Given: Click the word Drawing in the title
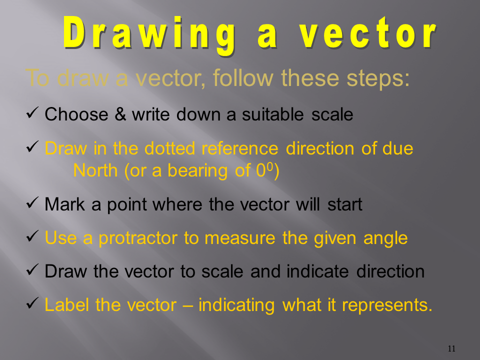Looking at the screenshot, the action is click(149, 35).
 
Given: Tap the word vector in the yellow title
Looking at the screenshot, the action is click(367, 32).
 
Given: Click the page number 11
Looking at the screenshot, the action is click(451, 348).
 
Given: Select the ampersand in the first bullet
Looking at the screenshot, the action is click(120, 114).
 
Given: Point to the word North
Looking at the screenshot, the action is click(95, 170).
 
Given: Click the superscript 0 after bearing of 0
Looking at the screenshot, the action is click(269, 166).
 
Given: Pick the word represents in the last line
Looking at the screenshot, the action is click(387, 305).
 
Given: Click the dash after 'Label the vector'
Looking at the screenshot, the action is click(187, 305).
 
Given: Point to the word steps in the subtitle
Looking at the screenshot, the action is click(378, 78).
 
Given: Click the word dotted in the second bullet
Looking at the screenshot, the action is click(169, 148).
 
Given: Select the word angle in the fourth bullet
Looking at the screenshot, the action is click(385, 239).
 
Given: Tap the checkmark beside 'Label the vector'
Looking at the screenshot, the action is click(32, 303).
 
